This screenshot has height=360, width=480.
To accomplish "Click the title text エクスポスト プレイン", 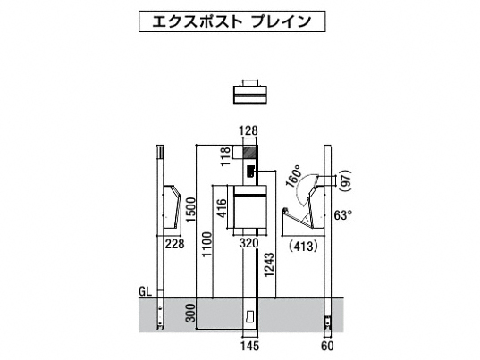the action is pyautogui.click(x=232, y=21).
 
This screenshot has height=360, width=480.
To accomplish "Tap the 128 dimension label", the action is pyautogui.click(x=248, y=131).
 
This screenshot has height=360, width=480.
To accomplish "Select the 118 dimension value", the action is pyautogui.click(x=225, y=156).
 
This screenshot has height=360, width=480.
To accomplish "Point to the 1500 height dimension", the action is pyautogui.click(x=190, y=210).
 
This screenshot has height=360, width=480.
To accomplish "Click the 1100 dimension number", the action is pyautogui.click(x=207, y=245).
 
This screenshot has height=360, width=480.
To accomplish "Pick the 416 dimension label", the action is pyautogui.click(x=222, y=208).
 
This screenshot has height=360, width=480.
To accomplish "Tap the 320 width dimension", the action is pyautogui.click(x=248, y=244).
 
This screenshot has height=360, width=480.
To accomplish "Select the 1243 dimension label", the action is pyautogui.click(x=269, y=265).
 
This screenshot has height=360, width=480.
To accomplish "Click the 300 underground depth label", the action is pyautogui.click(x=190, y=313).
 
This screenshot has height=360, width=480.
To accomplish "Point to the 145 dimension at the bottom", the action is pyautogui.click(x=249, y=347).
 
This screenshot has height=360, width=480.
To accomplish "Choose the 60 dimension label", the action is pyautogui.click(x=327, y=347).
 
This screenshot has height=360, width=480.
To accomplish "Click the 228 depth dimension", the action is pyautogui.click(x=175, y=244).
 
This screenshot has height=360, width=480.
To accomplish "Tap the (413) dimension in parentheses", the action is pyautogui.click(x=303, y=246).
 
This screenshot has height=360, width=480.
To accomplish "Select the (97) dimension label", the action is pyautogui.click(x=346, y=180).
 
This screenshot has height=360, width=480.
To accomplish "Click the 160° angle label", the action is pyautogui.click(x=293, y=176).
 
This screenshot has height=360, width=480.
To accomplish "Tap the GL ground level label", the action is pyautogui.click(x=145, y=291).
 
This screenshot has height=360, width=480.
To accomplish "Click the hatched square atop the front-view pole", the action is pyautogui.click(x=249, y=153).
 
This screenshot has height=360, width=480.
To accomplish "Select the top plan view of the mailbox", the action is pyautogui.click(x=250, y=92).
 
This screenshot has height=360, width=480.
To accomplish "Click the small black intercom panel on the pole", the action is pyautogui.click(x=250, y=171).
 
